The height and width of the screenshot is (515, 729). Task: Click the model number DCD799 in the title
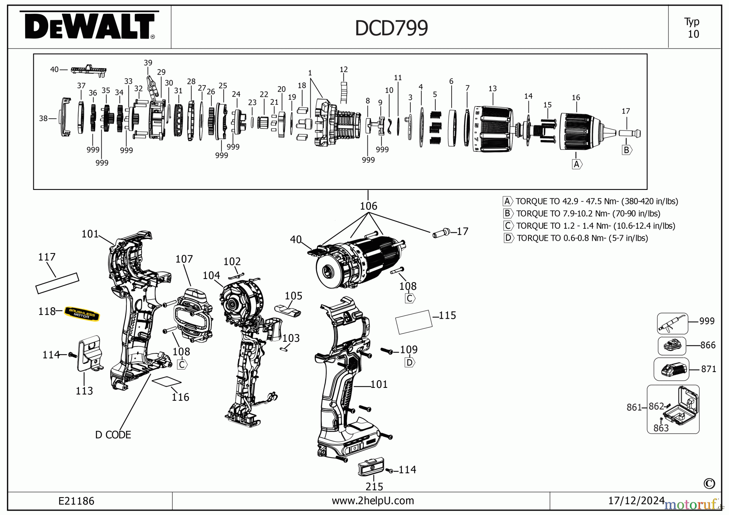pos(391,28)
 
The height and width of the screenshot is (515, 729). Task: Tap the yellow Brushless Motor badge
pos(82,314)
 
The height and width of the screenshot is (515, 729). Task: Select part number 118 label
pos(47,311)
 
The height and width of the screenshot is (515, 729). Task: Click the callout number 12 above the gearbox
pos(343,70)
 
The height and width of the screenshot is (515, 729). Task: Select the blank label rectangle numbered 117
pos(57,283)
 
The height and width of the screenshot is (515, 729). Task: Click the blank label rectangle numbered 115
pos(413,322)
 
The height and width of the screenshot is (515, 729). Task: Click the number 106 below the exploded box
pos(368,206)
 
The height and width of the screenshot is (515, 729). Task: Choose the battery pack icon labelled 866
pos(672,346)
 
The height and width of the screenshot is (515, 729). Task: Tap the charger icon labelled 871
pos(671,369)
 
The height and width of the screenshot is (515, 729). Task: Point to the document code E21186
pos(76,501)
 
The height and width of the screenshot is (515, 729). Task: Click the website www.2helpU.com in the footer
pos(373,501)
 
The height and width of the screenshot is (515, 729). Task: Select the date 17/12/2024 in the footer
pos(636,501)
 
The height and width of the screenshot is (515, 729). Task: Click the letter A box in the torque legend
pos(507,201)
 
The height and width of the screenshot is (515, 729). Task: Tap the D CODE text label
pos(113,435)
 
